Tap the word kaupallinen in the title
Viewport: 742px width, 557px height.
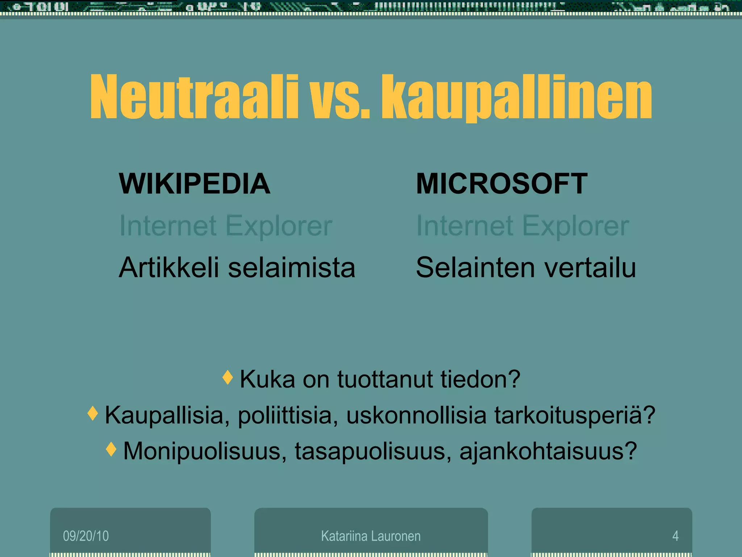coord(516,98)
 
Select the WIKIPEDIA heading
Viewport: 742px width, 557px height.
coord(195,184)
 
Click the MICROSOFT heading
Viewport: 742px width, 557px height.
coord(501,184)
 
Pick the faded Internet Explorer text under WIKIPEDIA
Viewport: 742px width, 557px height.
coord(226,226)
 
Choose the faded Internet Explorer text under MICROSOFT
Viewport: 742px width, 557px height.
coord(522,226)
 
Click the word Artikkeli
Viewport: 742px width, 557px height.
coord(169,268)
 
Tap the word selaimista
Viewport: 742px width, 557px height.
coord(292,268)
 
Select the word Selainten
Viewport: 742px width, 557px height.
coord(475,268)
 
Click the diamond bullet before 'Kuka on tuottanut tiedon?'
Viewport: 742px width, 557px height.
coord(228,377)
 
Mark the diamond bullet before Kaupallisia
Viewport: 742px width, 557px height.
coord(93,413)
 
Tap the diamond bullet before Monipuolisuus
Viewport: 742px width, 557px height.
coord(111,449)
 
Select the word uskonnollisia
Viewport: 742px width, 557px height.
coord(416,415)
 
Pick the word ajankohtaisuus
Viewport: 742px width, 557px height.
coord(548,451)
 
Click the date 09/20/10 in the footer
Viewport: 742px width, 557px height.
coord(86,536)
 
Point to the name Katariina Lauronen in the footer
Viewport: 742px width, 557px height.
coord(371,536)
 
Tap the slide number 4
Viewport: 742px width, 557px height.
coord(675,536)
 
